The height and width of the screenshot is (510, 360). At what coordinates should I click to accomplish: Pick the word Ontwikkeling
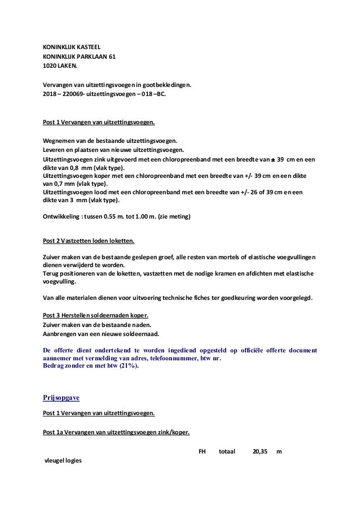(x=62, y=216)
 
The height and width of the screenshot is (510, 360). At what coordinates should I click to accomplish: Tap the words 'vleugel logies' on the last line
(x=63, y=461)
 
